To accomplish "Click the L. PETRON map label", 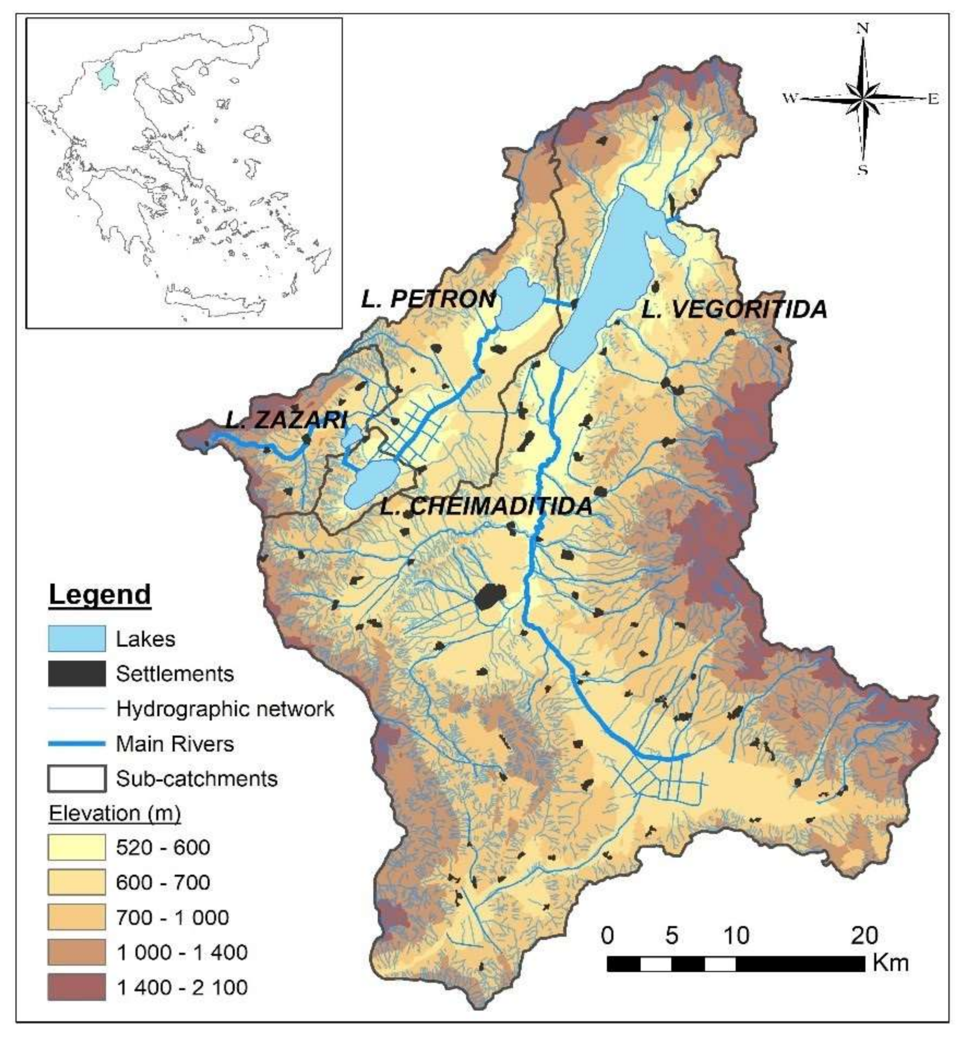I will (x=428, y=299).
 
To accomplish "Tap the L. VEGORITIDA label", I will (x=734, y=310).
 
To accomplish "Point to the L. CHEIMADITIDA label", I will (x=486, y=506).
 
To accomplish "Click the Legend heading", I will (x=100, y=594).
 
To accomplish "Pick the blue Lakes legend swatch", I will (x=77, y=638).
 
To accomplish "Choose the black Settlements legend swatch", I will (x=77, y=673).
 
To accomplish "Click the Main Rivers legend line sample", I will (x=77, y=744).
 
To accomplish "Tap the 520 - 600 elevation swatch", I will (x=77, y=847).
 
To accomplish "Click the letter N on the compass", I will (x=863, y=29).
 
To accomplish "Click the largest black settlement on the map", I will (x=490, y=596).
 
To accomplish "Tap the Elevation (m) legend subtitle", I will (x=115, y=813).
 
